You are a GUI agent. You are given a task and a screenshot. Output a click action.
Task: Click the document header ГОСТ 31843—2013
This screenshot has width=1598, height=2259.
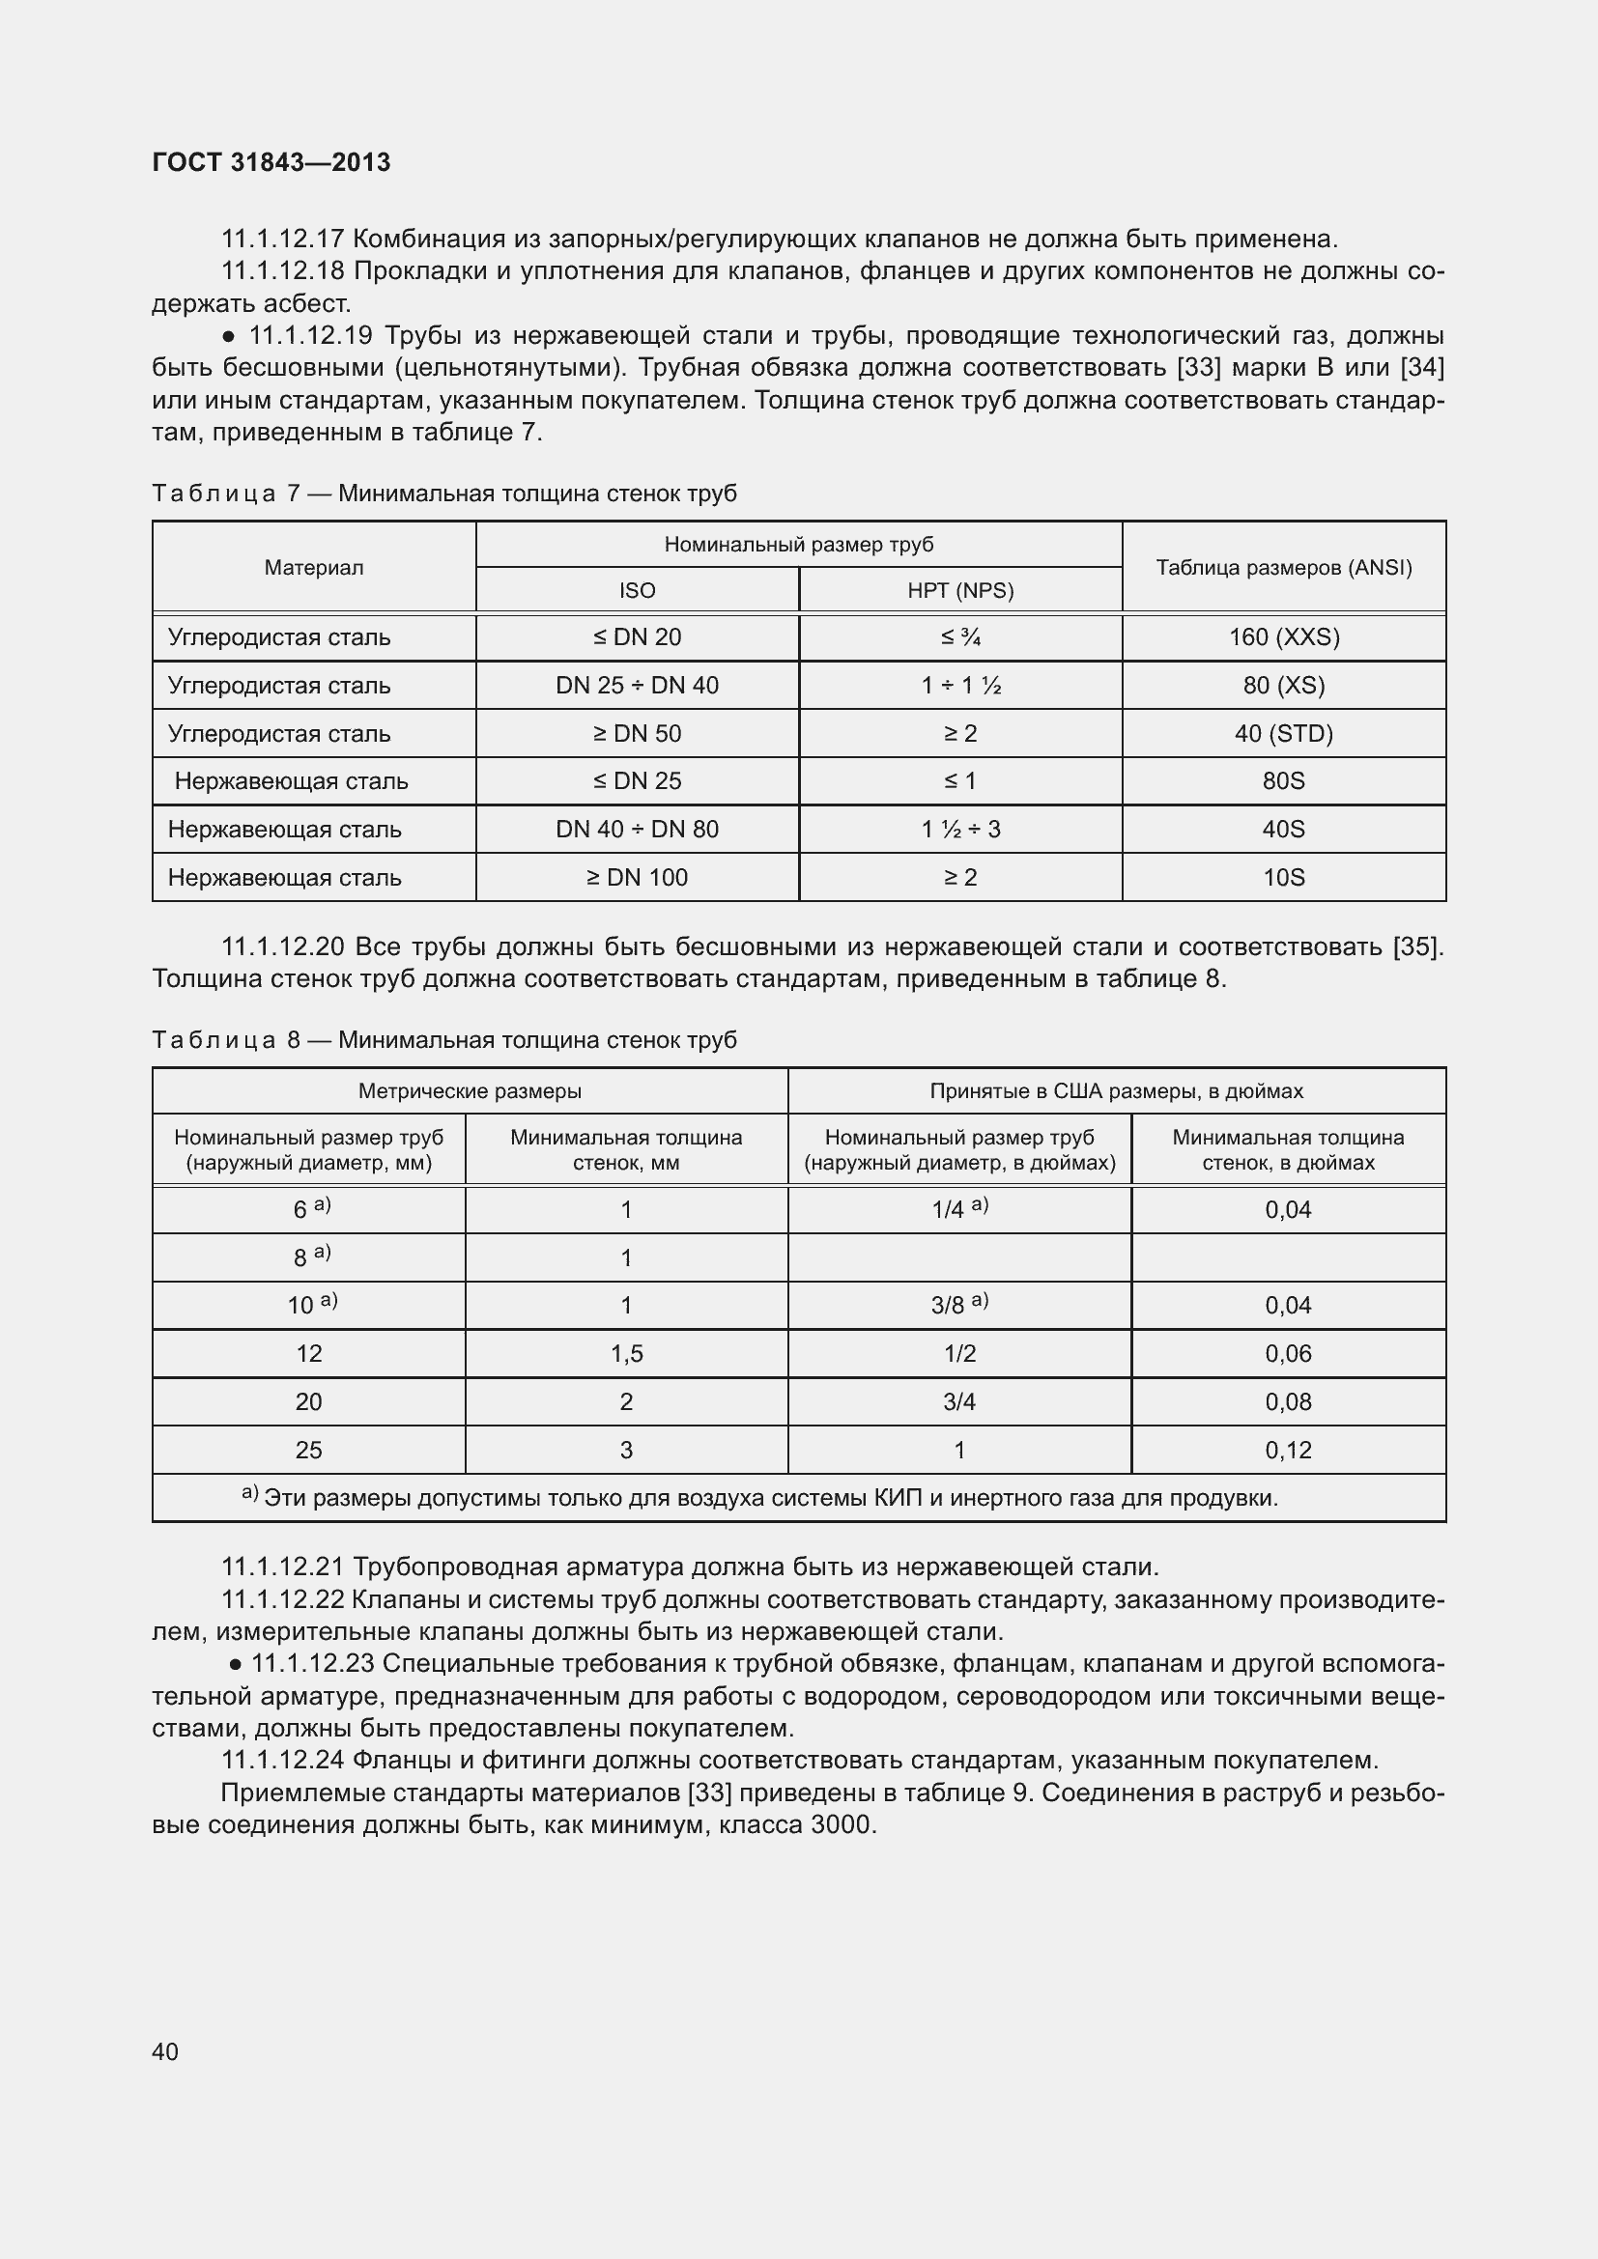click(271, 162)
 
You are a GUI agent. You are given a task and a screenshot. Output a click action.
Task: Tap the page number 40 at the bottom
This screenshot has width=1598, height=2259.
click(165, 2051)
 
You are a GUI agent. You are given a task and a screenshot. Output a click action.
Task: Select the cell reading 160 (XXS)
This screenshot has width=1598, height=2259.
click(1283, 637)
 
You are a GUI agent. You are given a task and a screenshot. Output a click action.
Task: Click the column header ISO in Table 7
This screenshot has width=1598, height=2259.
click(637, 590)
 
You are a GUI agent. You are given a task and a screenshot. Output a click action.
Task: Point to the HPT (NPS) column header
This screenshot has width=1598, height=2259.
click(959, 590)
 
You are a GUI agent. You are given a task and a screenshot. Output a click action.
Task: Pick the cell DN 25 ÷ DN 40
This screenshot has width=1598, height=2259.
click(637, 686)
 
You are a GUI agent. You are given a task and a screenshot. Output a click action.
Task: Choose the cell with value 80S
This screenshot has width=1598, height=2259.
click(1283, 781)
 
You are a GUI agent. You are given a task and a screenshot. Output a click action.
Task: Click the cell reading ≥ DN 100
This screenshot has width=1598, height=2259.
click(637, 878)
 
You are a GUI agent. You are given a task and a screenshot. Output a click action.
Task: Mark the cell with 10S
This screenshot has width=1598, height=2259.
click(1283, 878)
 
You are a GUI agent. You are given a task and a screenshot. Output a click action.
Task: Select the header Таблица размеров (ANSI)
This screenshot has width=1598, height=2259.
click(1283, 568)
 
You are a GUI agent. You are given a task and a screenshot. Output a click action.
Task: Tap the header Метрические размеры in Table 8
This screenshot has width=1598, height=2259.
click(470, 1091)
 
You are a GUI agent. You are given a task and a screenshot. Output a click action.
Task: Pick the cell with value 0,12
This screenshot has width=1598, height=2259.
click(1288, 1451)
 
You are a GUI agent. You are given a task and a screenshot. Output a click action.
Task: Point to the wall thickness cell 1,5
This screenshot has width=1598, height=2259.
click(626, 1354)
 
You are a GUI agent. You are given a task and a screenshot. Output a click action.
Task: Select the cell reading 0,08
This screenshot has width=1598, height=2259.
click(1288, 1402)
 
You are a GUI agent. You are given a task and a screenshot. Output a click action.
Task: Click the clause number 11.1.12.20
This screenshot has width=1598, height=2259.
click(282, 947)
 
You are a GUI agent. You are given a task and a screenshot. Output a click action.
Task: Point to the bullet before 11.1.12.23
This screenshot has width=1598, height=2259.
click(235, 1665)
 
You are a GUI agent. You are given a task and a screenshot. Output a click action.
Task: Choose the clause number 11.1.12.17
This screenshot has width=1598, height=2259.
click(282, 240)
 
